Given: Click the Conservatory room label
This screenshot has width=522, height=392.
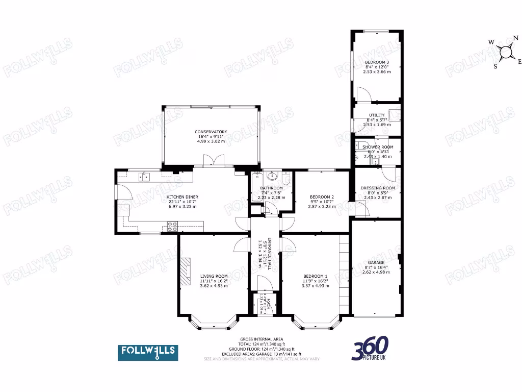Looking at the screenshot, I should (x=211, y=132).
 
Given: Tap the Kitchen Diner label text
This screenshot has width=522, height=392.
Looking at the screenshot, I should (x=182, y=197).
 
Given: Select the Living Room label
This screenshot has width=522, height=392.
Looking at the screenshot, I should (x=214, y=276).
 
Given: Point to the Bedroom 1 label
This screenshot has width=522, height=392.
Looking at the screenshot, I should (x=312, y=276).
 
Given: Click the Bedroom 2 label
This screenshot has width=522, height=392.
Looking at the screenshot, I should (x=322, y=197).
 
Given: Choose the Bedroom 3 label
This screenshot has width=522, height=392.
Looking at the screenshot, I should (x=377, y=62).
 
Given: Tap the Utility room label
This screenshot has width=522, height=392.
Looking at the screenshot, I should (x=377, y=115).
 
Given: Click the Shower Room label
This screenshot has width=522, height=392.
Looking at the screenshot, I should (x=378, y=147).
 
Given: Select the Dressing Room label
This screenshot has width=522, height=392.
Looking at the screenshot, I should (x=378, y=188).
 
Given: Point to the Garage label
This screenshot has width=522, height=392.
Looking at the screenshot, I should (x=376, y=262).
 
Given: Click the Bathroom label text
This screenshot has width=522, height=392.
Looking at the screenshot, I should (x=271, y=188).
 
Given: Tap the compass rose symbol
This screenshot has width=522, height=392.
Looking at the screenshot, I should (x=506, y=52).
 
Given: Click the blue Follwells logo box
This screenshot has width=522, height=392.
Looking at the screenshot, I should (x=148, y=352).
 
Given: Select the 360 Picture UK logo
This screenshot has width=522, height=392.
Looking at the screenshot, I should (x=370, y=349).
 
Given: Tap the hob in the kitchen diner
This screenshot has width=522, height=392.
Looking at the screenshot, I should (x=172, y=225).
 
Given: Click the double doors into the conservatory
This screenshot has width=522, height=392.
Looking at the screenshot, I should (x=211, y=162).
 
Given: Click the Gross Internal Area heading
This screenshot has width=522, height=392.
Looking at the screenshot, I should (x=262, y=339).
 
